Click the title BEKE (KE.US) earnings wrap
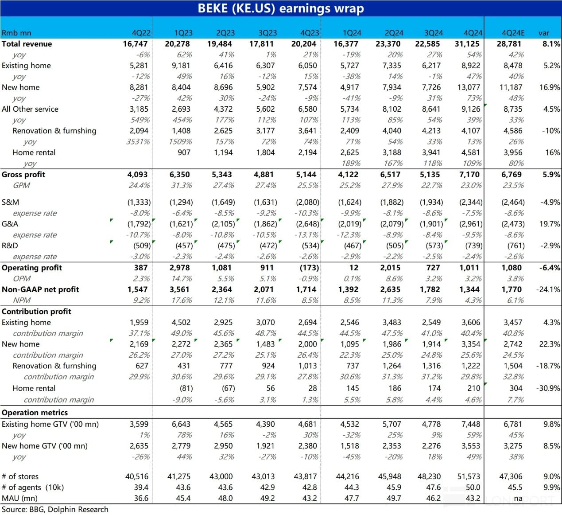click(281, 8)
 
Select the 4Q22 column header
click(141, 33)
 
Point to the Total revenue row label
click(27, 44)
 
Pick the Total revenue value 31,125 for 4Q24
click(470, 44)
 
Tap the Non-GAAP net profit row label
click(40, 289)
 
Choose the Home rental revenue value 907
click(184, 152)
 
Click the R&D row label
click(9, 246)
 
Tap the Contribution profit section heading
click(36, 312)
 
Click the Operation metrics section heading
click(35, 413)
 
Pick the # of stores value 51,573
click(469, 476)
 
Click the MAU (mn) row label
click(17, 498)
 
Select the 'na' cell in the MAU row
click(518, 498)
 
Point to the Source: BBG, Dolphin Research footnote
click(55, 510)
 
